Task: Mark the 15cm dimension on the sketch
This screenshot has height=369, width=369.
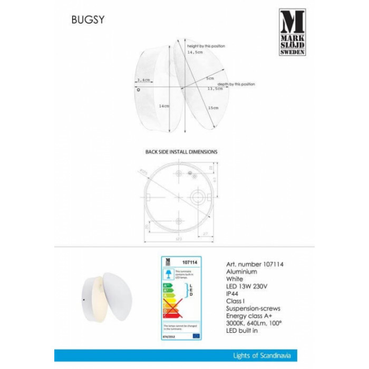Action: coord(213,108)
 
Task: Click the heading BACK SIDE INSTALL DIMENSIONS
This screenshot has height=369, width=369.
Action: coord(181,151)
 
